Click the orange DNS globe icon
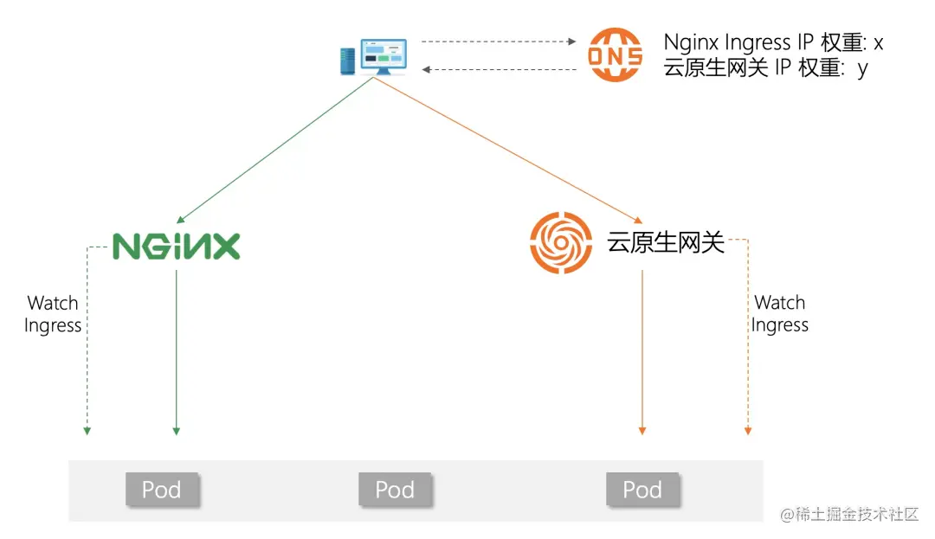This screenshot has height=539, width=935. pyautogui.click(x=616, y=55)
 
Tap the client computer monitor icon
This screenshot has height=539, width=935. pyautogui.click(x=375, y=56)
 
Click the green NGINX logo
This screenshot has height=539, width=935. pyautogui.click(x=177, y=247)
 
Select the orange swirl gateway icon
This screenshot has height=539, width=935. pyautogui.click(x=561, y=243)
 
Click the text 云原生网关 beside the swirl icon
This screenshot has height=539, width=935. pyautogui.click(x=665, y=243)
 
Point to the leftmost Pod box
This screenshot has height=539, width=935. pyautogui.click(x=162, y=490)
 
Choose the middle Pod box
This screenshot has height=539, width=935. pyautogui.click(x=395, y=490)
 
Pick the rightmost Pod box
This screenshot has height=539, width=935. pyautogui.click(x=642, y=490)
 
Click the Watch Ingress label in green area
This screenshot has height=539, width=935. pyautogui.click(x=53, y=314)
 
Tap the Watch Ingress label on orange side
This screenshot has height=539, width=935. pyautogui.click(x=780, y=314)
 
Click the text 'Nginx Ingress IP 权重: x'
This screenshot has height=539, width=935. pyautogui.click(x=772, y=42)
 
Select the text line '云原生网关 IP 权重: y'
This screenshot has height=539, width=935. pyautogui.click(x=765, y=68)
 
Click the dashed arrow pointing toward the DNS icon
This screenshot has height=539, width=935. pyautogui.click(x=498, y=41)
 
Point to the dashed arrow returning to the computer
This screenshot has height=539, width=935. pyautogui.click(x=498, y=69)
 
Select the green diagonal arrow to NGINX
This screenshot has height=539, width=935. pyautogui.click(x=275, y=149)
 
